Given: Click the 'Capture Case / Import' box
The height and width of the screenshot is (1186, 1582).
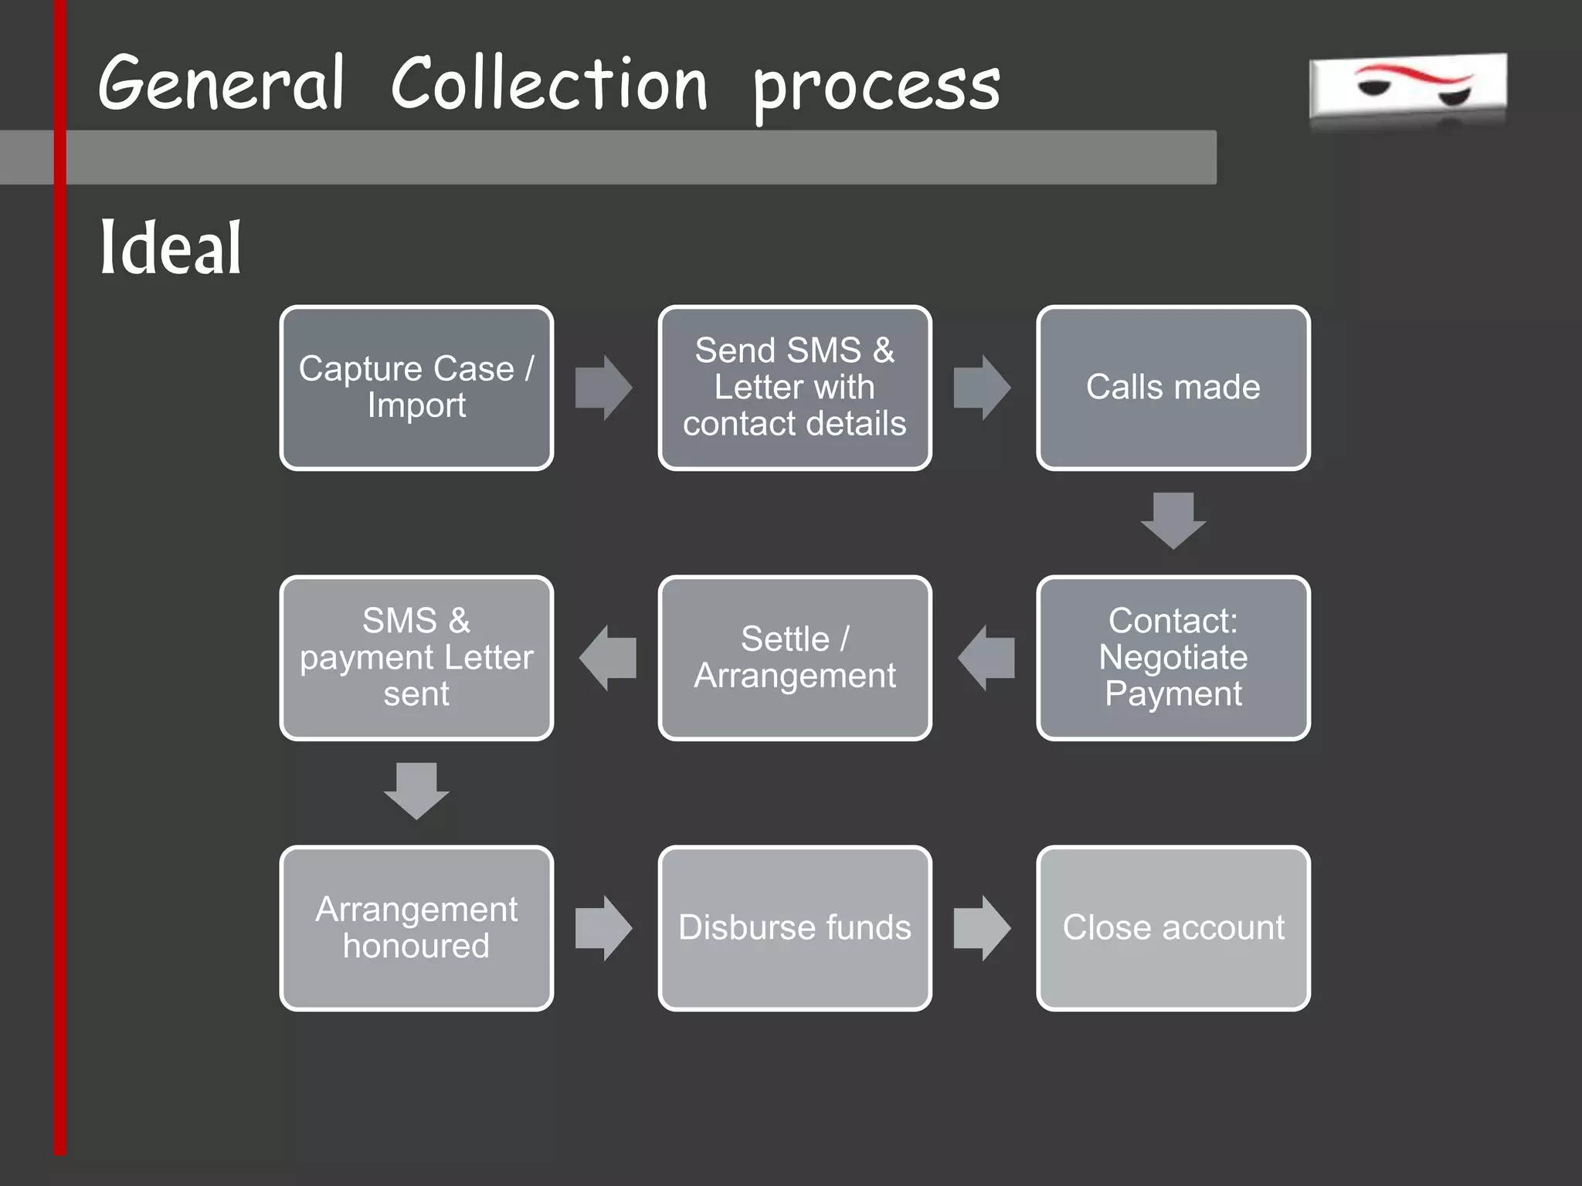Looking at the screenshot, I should tap(416, 388).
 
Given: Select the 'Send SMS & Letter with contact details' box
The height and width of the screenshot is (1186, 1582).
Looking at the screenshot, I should tap(795, 388).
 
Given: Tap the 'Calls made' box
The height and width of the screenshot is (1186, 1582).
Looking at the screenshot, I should tap(1173, 388).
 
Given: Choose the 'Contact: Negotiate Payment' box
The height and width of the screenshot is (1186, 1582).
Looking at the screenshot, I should tap(1173, 658).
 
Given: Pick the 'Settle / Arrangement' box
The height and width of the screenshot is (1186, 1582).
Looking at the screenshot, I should tap(795, 658).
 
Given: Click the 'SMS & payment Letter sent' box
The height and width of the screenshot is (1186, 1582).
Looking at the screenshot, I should tap(416, 658).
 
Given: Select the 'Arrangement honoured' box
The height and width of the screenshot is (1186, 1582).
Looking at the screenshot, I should tap(416, 928).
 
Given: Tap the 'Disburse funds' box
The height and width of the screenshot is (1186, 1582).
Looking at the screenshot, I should tap(795, 928).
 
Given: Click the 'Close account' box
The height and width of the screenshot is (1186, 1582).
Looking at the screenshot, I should tap(1173, 928).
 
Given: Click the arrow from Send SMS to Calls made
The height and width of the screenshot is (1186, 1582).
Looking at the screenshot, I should tap(982, 388).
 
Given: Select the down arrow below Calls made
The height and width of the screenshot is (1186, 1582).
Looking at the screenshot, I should tap(1173, 520).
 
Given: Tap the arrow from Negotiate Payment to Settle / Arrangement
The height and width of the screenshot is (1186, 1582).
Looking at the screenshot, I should tap(986, 658).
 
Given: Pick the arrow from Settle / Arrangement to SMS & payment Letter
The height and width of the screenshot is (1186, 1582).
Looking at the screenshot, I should tap(607, 658).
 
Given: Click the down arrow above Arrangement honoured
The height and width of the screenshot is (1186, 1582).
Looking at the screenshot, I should tap(416, 791).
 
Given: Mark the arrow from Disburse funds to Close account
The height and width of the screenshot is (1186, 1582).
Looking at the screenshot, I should tap(982, 928).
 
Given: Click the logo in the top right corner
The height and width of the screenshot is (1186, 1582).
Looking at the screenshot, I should tap(1407, 89).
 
